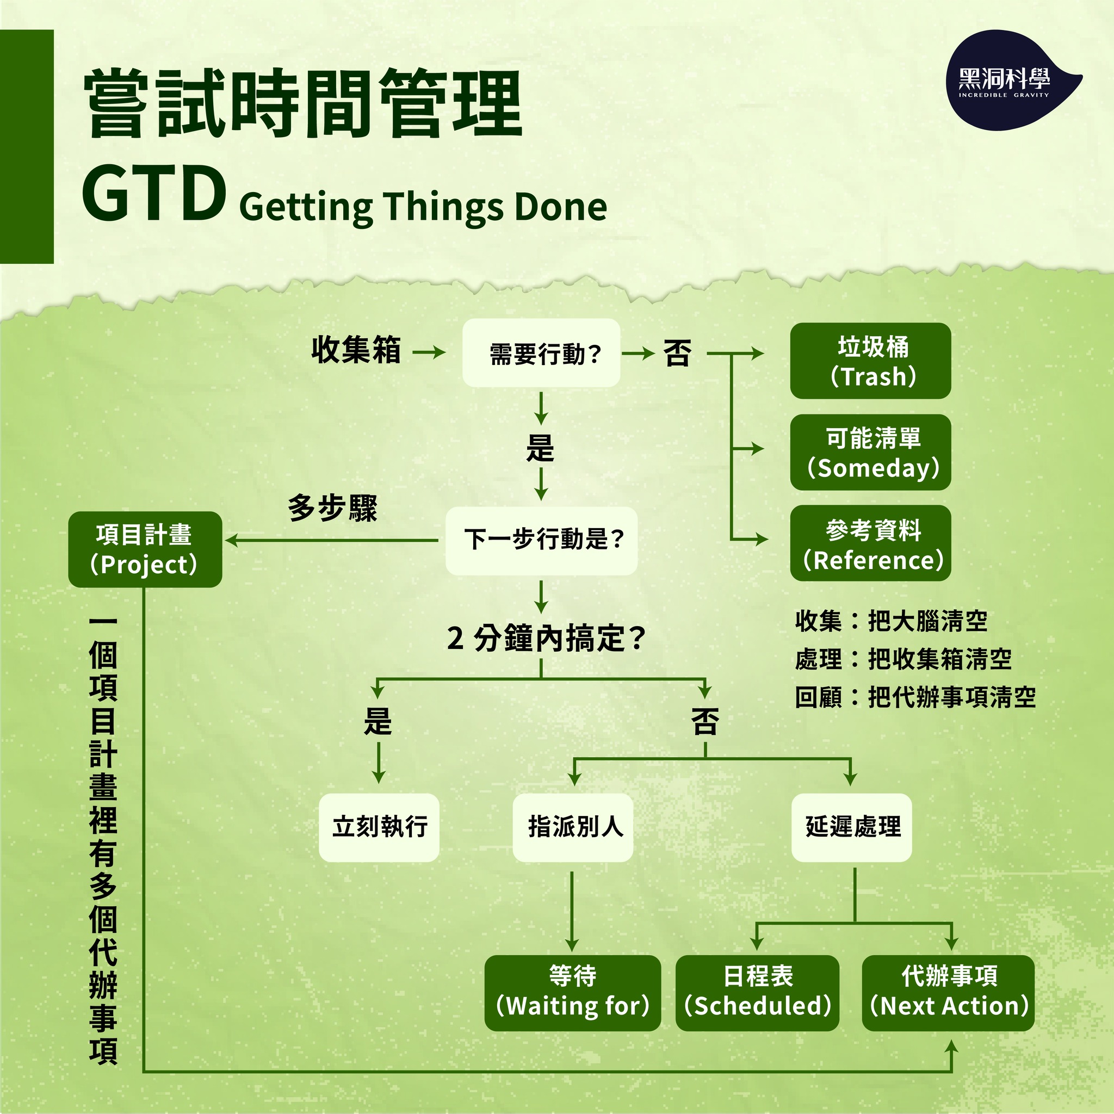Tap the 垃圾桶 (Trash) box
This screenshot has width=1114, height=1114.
870,361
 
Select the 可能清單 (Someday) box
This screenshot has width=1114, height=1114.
870,453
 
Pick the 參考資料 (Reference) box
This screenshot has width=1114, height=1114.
870,544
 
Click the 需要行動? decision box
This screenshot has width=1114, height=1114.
541,353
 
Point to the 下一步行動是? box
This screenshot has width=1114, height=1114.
541,540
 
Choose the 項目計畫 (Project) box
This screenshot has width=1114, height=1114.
145,549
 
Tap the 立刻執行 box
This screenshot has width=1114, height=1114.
379,827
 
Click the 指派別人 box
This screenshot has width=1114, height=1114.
573,827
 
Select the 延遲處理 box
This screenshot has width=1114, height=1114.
851,827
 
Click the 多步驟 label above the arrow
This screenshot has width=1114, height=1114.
332,509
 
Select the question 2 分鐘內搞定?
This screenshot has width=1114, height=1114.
545,638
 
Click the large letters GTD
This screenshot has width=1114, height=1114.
153,194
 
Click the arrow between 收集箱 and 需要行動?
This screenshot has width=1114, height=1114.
429,352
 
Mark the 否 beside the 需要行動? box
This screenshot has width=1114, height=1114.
677,353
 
